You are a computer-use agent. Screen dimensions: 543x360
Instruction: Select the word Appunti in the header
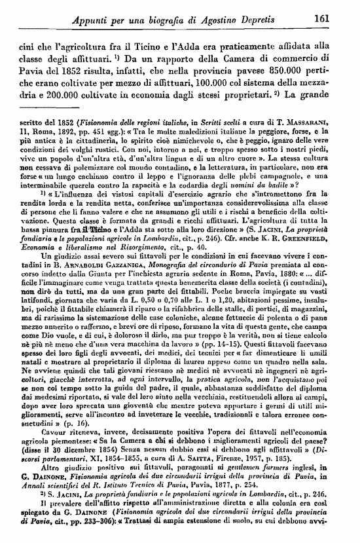(94, 20)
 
